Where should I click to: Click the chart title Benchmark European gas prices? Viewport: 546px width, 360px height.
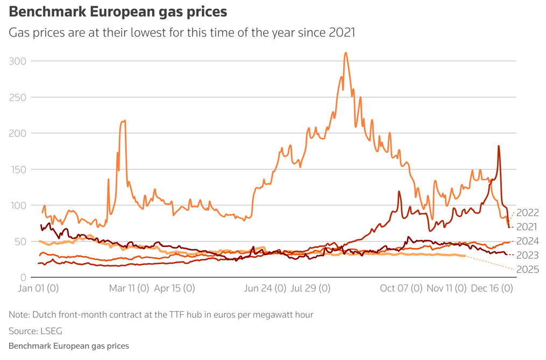tap(118, 11)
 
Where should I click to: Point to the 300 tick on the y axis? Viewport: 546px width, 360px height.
tap(18, 61)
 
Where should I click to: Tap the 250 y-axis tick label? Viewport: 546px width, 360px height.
tap(18, 97)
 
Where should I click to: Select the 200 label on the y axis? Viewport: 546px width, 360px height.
tap(18, 133)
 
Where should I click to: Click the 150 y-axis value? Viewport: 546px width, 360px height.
tap(18, 169)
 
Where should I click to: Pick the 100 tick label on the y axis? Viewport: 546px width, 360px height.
tap(18, 205)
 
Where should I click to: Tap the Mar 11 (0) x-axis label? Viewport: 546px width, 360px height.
tap(129, 288)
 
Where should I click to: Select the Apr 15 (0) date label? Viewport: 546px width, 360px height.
tap(174, 288)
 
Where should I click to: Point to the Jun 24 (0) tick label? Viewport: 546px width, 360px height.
tap(265, 288)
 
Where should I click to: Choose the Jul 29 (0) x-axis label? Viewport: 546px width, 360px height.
tap(310, 288)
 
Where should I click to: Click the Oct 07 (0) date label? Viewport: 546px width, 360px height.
tap(401, 288)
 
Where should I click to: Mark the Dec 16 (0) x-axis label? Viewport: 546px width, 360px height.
tap(492, 288)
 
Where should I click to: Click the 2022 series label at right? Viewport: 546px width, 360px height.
tap(527, 213)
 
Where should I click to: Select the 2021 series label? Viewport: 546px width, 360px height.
tap(527, 227)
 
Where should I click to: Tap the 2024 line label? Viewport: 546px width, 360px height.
tap(527, 241)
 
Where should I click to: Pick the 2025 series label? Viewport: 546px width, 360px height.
tap(527, 270)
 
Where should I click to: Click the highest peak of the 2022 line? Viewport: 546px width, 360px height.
tap(345, 53)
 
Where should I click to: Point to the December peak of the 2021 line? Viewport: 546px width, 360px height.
tap(499, 146)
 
